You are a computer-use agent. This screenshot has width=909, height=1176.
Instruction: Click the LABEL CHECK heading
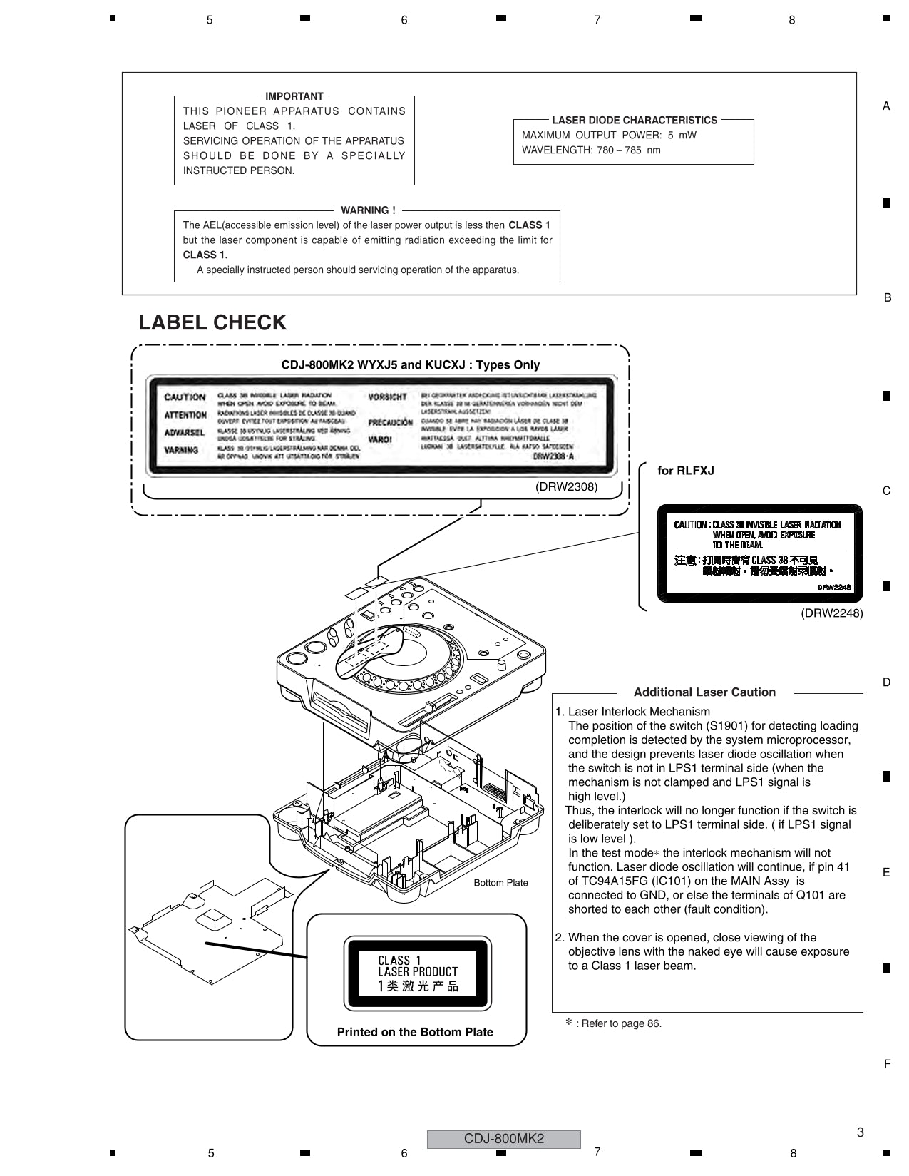click(x=212, y=323)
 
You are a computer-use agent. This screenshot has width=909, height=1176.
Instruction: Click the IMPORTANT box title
click(x=294, y=96)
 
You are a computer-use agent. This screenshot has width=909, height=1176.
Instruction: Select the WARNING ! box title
click(x=368, y=210)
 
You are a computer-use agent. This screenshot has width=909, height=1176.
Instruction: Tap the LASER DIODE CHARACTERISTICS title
click(x=634, y=121)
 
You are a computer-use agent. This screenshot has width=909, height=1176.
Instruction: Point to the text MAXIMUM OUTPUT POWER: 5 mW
click(x=609, y=136)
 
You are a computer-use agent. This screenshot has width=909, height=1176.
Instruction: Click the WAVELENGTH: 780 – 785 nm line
click(x=591, y=150)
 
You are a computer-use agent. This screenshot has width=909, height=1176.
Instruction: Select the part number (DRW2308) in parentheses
click(x=566, y=487)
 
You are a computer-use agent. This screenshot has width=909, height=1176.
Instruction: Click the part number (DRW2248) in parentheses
click(x=831, y=613)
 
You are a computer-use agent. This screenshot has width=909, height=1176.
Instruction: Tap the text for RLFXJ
click(x=685, y=471)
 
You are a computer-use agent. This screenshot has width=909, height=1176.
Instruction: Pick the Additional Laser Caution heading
click(x=704, y=692)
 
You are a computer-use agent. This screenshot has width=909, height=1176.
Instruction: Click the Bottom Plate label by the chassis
click(x=500, y=883)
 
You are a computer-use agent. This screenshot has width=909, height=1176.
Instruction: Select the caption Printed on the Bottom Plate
click(x=415, y=1032)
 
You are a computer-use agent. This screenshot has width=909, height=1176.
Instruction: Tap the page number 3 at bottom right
click(x=860, y=1132)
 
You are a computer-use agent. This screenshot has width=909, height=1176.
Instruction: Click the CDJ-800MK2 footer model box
click(x=503, y=1139)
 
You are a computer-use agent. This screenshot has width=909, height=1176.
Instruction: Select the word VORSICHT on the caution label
click(x=387, y=397)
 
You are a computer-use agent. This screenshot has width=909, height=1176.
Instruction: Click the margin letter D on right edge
click(x=886, y=682)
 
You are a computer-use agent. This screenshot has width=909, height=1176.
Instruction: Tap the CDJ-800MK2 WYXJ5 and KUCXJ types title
click(x=410, y=365)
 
